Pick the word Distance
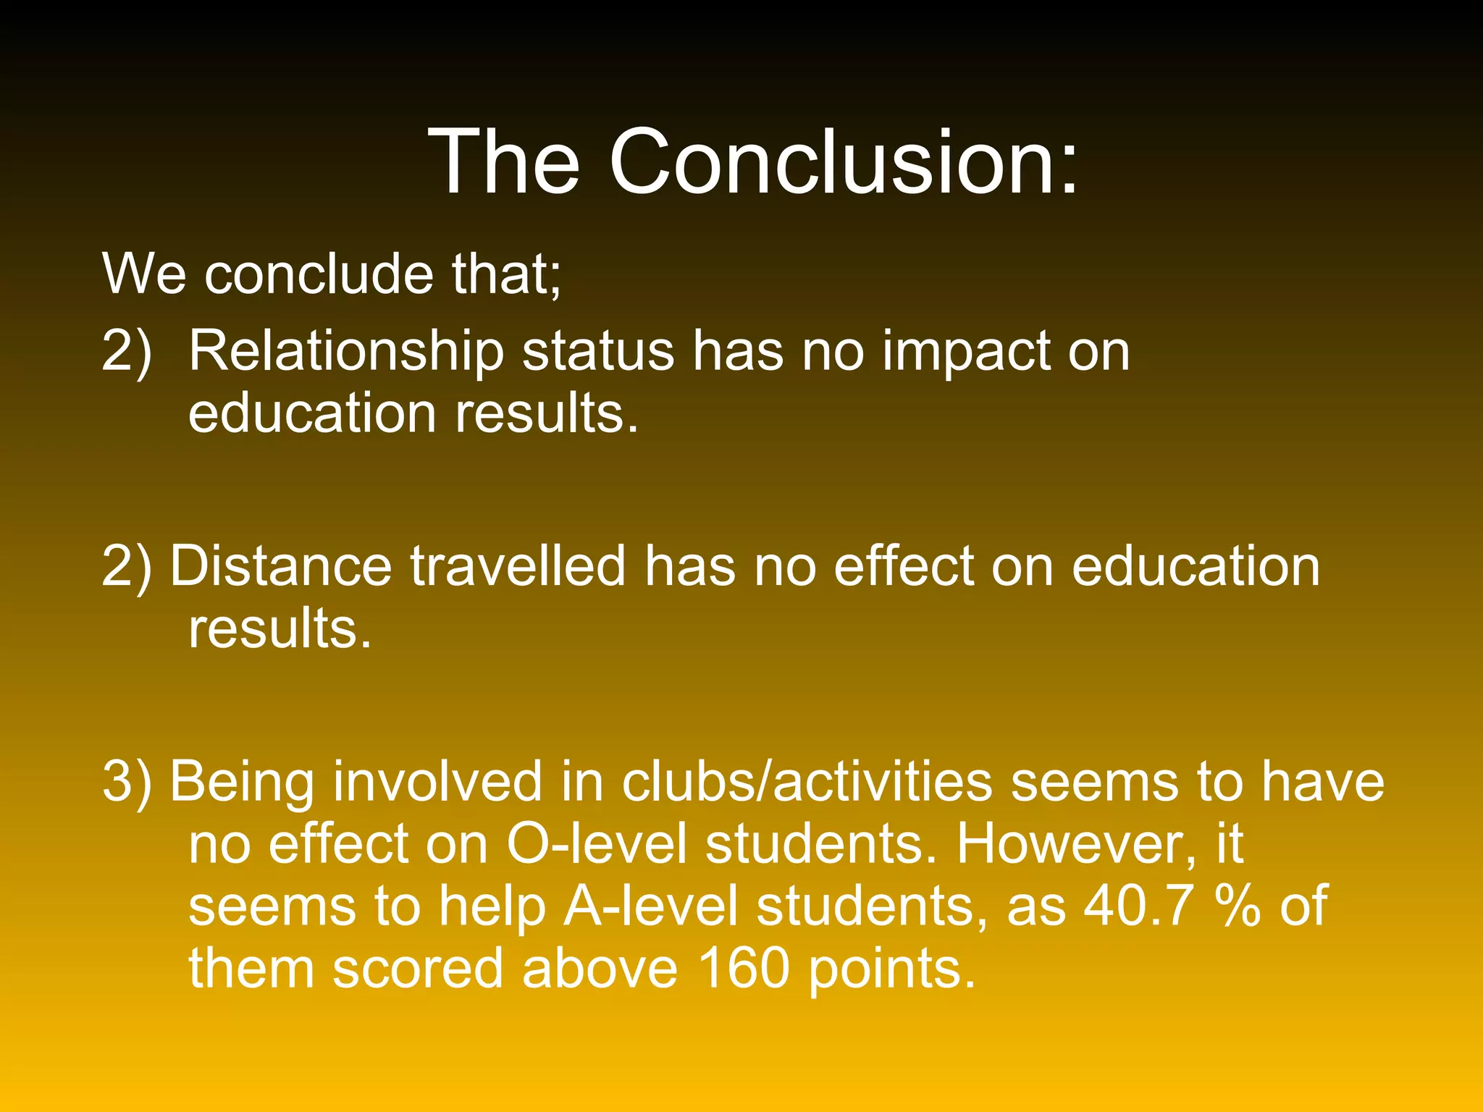280,566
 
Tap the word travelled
518,566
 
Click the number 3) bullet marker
127,782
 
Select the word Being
242,782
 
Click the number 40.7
1135,906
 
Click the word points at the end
891,969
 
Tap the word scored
417,969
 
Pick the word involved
437,782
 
